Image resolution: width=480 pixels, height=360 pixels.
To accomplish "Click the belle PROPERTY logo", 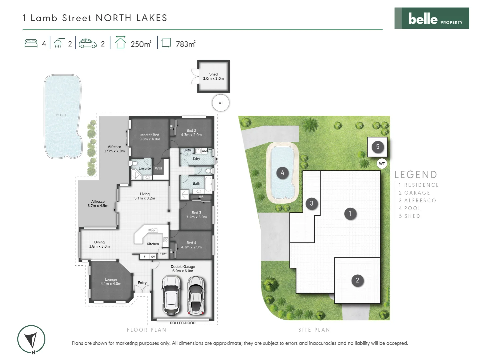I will coord(432,18).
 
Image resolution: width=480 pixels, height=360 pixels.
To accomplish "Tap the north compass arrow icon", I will coord(32,340).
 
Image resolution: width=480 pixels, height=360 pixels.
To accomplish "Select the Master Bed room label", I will coord(150,137).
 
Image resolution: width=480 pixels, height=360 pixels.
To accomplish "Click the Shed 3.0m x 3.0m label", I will coord(213,76).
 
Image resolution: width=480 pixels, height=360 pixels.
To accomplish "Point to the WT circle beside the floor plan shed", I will coord(220,103).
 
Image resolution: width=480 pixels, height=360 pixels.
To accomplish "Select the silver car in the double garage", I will coord(195,295).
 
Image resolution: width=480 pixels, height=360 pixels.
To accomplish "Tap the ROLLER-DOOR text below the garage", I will coord(182,323).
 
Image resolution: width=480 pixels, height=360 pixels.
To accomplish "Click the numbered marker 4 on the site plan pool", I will coord(282,173).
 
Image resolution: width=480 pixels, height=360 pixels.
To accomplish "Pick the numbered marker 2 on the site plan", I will coord(357,280).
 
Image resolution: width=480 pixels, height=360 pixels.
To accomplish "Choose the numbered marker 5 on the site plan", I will coord(378,147).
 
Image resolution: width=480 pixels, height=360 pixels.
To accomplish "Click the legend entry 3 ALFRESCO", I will coord(418,201).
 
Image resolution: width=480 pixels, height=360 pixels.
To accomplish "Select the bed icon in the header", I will coord(31,44).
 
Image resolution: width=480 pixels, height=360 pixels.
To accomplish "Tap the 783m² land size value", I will coord(185,44).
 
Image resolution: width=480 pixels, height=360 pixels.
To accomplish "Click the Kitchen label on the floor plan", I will coord(153,244).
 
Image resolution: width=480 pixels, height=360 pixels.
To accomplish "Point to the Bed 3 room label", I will coord(196,215).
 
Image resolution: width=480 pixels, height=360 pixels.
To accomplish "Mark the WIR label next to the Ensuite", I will coord(158,168).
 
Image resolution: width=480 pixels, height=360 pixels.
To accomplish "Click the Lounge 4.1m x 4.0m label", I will coord(111,282).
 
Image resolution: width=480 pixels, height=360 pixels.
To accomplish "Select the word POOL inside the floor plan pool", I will coord(61,115).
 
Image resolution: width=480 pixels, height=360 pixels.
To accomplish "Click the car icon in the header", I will coord(88,44).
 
